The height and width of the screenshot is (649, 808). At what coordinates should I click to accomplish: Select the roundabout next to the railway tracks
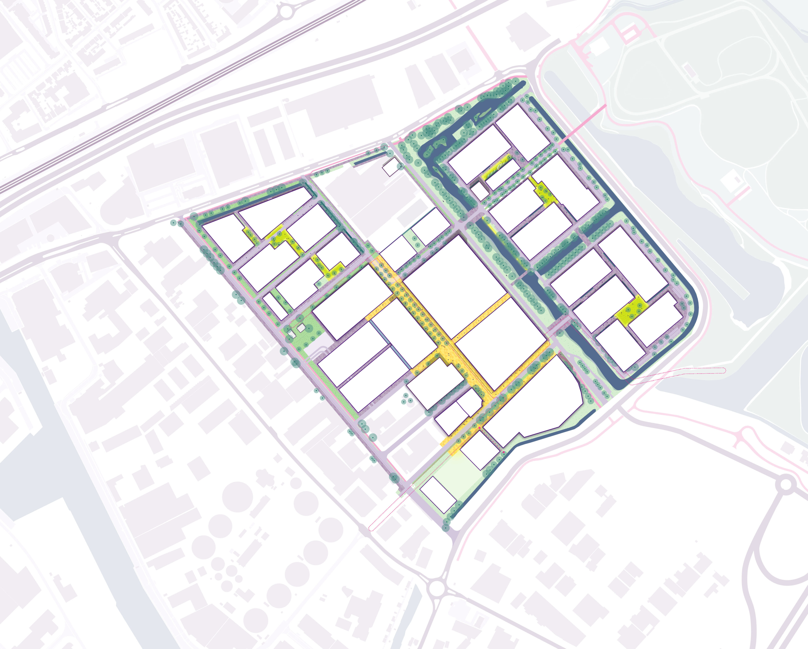(x=286, y=11)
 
